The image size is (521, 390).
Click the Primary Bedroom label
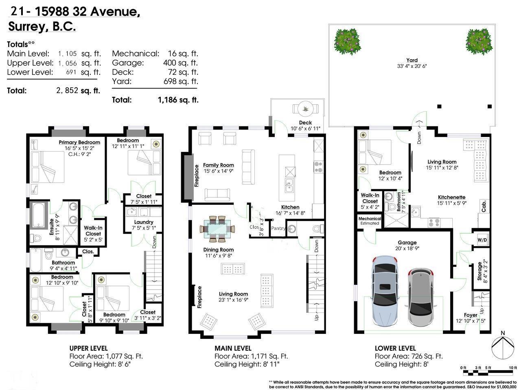[79, 142]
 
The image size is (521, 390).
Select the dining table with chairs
[217, 229]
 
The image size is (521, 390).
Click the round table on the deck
[304, 109]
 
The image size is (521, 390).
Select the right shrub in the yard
[478, 41]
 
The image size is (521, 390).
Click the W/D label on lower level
[482, 240]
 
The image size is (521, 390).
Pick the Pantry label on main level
[278, 228]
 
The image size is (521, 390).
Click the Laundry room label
[144, 222]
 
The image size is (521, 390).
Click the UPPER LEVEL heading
[88, 348]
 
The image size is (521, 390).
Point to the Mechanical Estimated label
[370, 221]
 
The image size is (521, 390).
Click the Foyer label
[471, 315]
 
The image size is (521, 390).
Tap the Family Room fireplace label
[197, 175]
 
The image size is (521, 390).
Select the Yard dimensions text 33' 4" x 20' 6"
[412, 66]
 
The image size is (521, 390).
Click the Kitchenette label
[452, 197]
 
